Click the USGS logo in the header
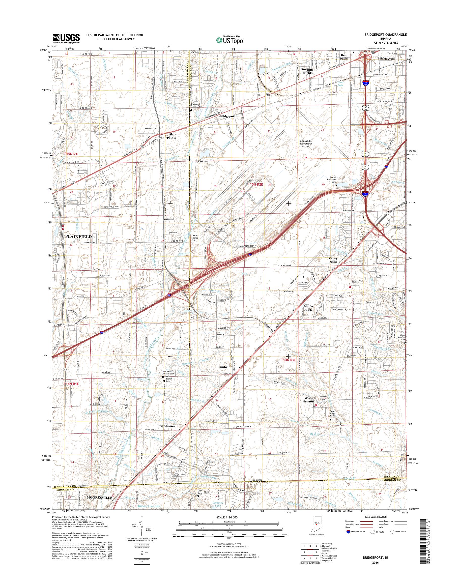point(66,38)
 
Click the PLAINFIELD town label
point(78,237)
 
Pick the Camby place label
point(222,367)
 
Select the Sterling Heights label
point(307,71)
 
